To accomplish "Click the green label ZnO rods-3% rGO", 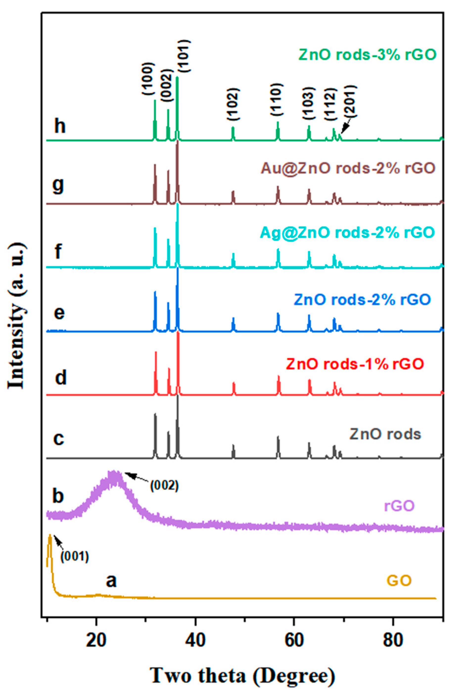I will coord(367,54).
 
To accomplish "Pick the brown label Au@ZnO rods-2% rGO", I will coord(348,168).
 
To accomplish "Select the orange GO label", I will coord(399,580).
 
